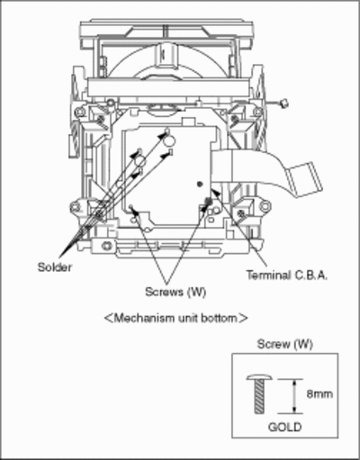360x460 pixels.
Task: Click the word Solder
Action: tap(55, 266)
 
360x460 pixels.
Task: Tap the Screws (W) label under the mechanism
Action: tap(175, 292)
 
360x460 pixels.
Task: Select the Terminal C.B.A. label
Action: tap(287, 275)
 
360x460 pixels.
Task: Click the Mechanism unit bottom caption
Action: tap(175, 318)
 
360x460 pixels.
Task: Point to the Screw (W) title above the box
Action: tap(285, 344)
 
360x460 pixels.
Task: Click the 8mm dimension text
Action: tap(319, 393)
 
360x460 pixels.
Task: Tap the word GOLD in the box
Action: tap(284, 427)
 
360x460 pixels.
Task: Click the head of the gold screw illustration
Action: tap(259, 377)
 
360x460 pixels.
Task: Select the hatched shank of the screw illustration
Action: tap(260, 397)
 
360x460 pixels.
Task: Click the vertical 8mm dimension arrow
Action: tap(294, 396)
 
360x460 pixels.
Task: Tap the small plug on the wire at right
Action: tap(283, 104)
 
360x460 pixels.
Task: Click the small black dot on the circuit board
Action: tap(200, 184)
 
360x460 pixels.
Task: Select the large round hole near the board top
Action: tap(170, 140)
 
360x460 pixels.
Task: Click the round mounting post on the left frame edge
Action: tap(75, 207)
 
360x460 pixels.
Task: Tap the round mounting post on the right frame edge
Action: tap(265, 206)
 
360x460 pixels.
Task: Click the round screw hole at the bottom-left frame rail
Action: tap(106, 246)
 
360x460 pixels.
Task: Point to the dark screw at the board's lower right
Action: tap(208, 201)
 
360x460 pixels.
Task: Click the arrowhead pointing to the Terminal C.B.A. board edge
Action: tap(216, 192)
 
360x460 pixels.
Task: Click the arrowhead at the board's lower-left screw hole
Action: tap(134, 211)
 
